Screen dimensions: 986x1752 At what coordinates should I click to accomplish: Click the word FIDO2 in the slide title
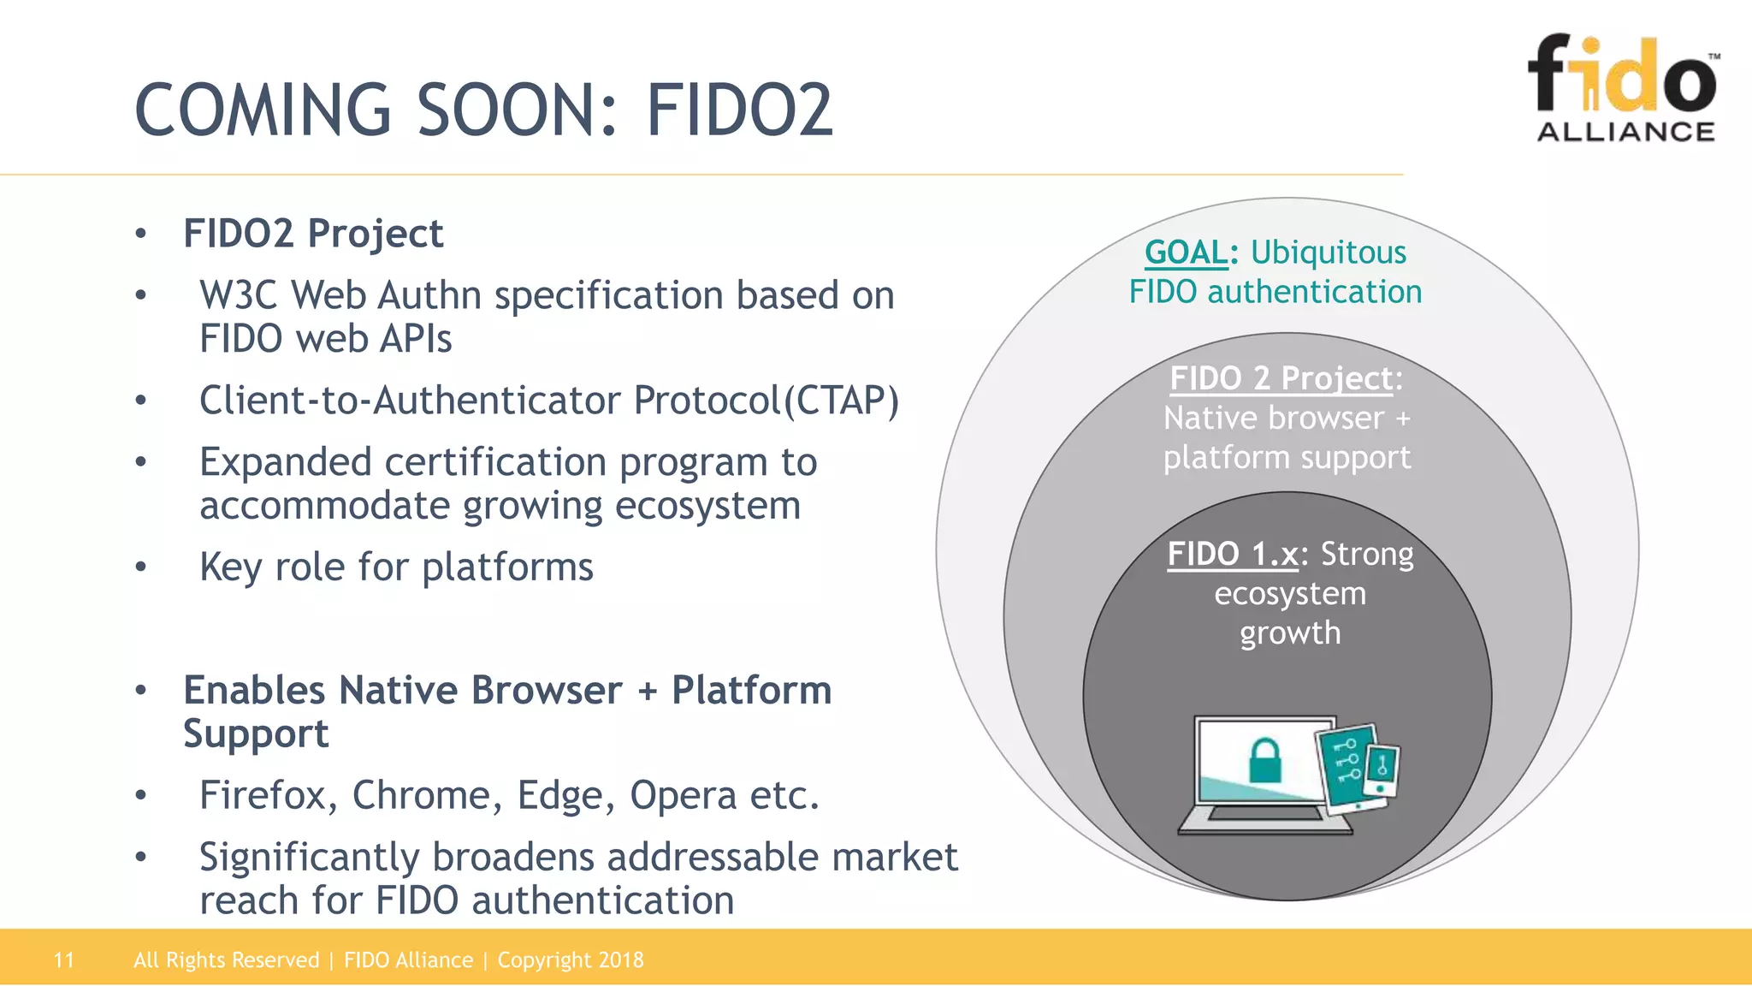pyautogui.click(x=739, y=110)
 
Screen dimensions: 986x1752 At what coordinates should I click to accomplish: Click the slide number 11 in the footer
pyautogui.click(x=64, y=960)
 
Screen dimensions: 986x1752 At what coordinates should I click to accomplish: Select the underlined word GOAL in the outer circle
pyautogui.click(x=1186, y=252)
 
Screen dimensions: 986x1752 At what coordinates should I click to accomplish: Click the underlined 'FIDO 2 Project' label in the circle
pyautogui.click(x=1281, y=378)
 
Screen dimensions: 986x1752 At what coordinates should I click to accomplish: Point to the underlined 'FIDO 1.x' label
pyautogui.click(x=1233, y=554)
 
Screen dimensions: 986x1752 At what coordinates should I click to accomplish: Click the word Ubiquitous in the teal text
pyautogui.click(x=1328, y=252)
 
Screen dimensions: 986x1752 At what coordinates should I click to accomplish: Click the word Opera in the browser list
pyautogui.click(x=683, y=795)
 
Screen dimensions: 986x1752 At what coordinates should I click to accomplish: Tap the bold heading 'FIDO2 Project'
pyautogui.click(x=313, y=234)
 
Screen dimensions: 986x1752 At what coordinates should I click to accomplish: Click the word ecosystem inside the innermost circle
pyautogui.click(x=1289, y=593)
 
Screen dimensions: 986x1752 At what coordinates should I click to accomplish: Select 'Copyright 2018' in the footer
pyautogui.click(x=571, y=960)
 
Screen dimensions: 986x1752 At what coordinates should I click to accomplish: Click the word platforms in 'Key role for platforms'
pyautogui.click(x=507, y=567)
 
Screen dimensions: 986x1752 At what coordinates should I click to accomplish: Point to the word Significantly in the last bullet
pyautogui.click(x=309, y=857)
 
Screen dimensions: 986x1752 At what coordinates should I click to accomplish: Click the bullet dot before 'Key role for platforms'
pyautogui.click(x=141, y=567)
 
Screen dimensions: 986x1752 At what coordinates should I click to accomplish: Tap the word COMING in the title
pyautogui.click(x=263, y=110)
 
